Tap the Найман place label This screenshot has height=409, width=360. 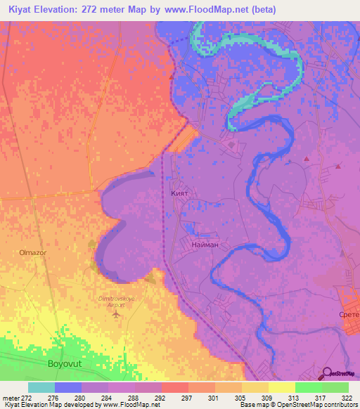(205, 245)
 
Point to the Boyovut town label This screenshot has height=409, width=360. (69, 363)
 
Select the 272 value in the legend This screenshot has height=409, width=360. (27, 398)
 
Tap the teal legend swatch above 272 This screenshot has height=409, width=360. (41, 387)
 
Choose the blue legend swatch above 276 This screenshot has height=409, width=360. (67, 387)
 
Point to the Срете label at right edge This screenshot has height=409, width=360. (349, 315)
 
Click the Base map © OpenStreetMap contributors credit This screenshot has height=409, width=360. (297, 405)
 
